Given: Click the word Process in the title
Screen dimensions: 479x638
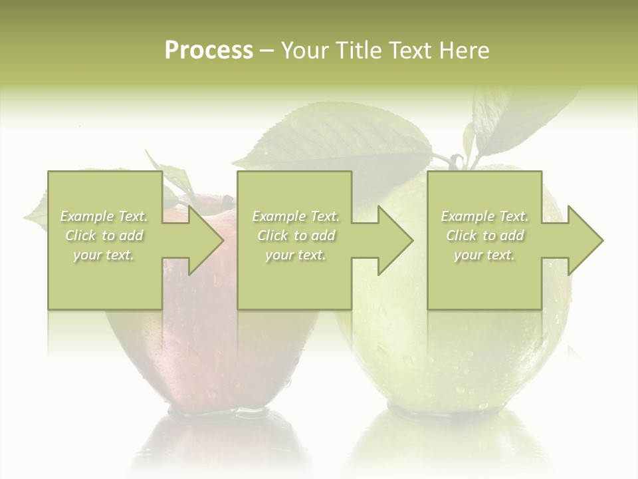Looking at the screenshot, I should [x=209, y=51].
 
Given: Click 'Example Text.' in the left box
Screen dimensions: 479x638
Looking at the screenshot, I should [x=104, y=216].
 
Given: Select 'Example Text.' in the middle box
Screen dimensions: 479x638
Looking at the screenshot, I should [x=296, y=216].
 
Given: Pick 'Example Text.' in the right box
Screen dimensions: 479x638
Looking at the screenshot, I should [x=484, y=216].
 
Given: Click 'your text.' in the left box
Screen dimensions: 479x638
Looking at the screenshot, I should [x=104, y=255].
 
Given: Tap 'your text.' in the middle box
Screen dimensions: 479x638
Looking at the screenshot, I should [x=296, y=255].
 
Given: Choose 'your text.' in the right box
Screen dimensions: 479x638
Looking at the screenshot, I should [x=484, y=255].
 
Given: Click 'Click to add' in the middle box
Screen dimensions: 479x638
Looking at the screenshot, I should [x=296, y=236].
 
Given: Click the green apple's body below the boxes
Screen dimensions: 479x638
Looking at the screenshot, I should [x=452, y=359].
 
